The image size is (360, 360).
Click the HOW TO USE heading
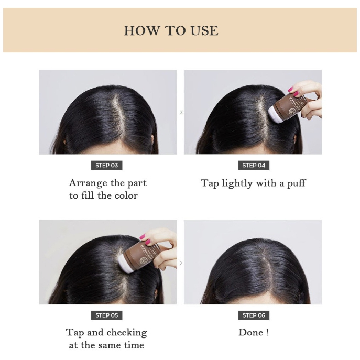[171, 31]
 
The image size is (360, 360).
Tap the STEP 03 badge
[107, 165]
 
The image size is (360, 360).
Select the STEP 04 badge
[254, 165]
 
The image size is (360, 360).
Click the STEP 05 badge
[107, 315]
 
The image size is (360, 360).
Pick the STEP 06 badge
[254, 315]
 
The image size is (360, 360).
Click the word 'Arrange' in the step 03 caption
[88, 183]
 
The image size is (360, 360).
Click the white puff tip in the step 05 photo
[125, 265]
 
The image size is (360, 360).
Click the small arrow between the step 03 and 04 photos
[181, 112]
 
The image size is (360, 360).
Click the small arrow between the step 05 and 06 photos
[181, 263]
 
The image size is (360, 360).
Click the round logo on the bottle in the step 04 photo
[291, 112]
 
